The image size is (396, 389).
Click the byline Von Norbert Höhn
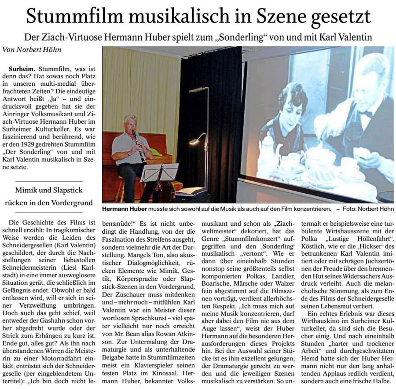point(32,50)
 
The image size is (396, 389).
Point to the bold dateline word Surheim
point(23,70)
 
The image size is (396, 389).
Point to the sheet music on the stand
point(159,172)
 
